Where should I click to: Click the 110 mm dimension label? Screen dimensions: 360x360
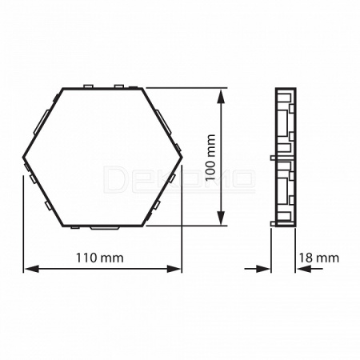coord(100,258)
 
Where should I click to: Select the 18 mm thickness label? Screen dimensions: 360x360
coord(318,258)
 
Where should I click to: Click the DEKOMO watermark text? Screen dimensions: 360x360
coord(178,179)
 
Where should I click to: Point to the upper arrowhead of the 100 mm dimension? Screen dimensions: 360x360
coord(221,96)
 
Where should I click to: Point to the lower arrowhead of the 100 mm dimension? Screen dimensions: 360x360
coord(221,218)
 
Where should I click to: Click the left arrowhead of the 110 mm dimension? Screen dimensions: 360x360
coord(31,269)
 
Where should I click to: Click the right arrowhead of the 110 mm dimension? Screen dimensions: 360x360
coord(174,269)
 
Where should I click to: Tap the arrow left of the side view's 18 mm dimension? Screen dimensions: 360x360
coord(258,269)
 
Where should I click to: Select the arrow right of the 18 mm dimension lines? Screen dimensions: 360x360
coord(310,269)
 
